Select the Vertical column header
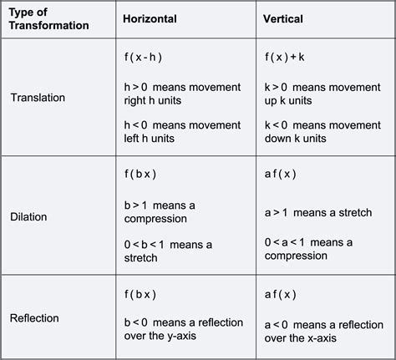tap(284, 18)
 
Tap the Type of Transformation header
tap(49, 18)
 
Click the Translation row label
tap(38, 97)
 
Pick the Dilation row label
tap(29, 216)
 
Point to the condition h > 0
tap(138, 87)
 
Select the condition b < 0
tap(138, 323)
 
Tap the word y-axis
tap(193, 338)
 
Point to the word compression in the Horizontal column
tap(156, 218)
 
